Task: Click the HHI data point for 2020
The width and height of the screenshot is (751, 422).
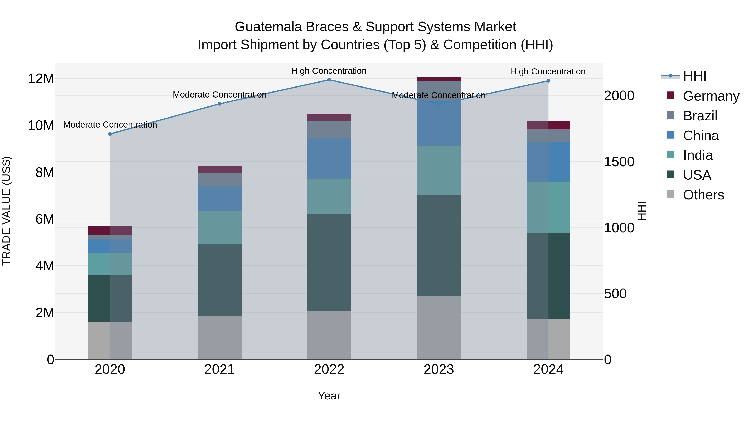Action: coord(110,134)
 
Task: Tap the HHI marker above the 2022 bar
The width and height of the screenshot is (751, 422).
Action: coord(329,80)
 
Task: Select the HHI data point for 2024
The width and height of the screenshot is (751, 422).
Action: coord(548,81)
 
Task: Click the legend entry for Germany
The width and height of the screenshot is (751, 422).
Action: coord(711,96)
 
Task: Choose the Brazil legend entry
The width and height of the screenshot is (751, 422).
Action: coord(700,116)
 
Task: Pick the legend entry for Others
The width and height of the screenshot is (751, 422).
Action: coord(703,195)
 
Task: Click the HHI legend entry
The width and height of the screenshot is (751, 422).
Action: coord(694,76)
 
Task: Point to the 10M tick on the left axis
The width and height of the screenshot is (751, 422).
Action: coord(41,125)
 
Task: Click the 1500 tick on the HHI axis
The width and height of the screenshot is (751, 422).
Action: coord(619,162)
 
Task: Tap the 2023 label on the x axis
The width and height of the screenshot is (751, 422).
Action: coord(439,369)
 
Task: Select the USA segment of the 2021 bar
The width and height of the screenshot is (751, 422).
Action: coord(219,280)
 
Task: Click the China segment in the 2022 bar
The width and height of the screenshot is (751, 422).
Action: coord(329,158)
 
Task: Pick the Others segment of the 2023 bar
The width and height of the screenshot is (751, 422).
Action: coord(439,328)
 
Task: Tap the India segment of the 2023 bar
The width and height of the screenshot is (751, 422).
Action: coord(439,170)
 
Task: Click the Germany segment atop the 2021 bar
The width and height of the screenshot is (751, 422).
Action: coord(219,169)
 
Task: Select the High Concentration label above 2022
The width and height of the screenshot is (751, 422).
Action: coord(329,71)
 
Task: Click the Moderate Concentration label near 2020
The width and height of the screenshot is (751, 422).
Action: coord(110,125)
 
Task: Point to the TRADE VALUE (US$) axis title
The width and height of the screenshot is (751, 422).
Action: coord(6,211)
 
